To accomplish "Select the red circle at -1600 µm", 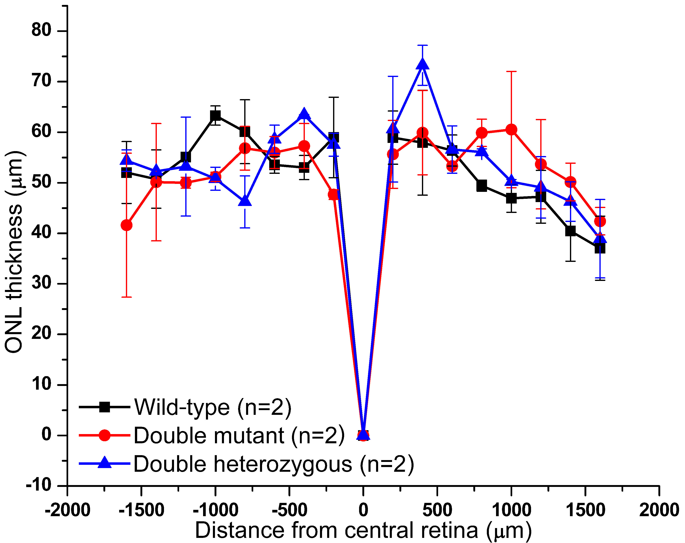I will click(127, 225).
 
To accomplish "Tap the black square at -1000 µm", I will click(215, 116).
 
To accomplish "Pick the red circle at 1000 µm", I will click(511, 130).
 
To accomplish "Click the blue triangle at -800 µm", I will click(245, 201).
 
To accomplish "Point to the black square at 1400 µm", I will click(570, 231).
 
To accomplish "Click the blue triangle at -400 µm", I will click(304, 113).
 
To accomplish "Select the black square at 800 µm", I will click(482, 186).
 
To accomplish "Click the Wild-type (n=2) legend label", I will click(213, 407).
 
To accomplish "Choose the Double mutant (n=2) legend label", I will click(239, 435).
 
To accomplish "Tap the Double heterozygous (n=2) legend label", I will click(274, 464).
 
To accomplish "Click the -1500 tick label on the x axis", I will click(141, 511).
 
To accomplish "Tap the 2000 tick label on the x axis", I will click(659, 511).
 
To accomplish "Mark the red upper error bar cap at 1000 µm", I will click(511, 71).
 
